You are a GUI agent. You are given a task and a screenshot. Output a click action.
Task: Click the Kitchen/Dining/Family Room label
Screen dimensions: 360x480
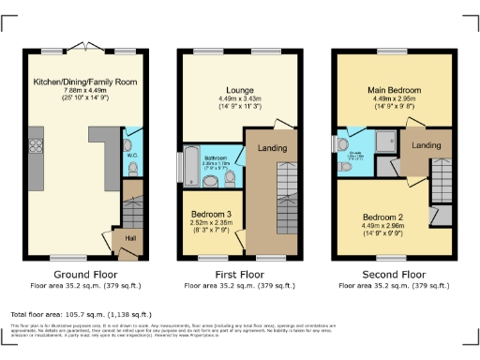[x=85, y=82]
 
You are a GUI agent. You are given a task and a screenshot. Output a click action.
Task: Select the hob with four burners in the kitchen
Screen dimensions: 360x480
[x=38, y=145]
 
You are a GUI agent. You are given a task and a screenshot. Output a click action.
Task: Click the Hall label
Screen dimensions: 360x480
[x=119, y=239]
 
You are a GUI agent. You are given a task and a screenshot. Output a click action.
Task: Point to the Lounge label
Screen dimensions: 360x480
[x=240, y=90]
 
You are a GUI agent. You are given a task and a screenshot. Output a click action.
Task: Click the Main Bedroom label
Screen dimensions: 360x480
[x=395, y=90]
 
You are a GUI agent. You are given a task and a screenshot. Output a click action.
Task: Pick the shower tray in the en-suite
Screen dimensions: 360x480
[x=383, y=142]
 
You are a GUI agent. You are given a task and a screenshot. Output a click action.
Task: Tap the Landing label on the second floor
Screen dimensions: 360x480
[x=427, y=145]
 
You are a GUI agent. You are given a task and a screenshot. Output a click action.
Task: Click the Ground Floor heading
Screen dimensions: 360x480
[x=85, y=275]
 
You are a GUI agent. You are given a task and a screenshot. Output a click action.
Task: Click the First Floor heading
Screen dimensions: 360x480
[x=240, y=275]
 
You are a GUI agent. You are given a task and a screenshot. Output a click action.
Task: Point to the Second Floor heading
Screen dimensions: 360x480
[x=395, y=275]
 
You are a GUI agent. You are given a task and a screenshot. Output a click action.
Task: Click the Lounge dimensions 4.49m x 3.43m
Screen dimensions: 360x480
[x=240, y=99]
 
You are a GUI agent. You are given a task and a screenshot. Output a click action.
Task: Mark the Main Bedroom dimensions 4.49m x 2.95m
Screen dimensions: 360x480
[x=395, y=99]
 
